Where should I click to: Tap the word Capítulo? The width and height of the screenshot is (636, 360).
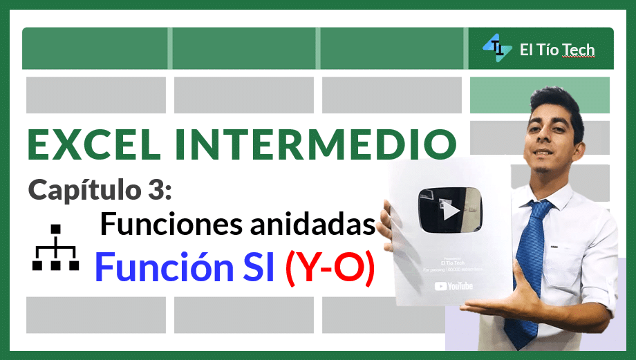pos(82,189)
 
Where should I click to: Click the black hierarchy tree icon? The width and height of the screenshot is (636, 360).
pos(56,248)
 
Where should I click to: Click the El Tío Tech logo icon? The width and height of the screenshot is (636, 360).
pos(496,48)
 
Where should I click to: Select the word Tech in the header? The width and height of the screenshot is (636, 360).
pos(577,50)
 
